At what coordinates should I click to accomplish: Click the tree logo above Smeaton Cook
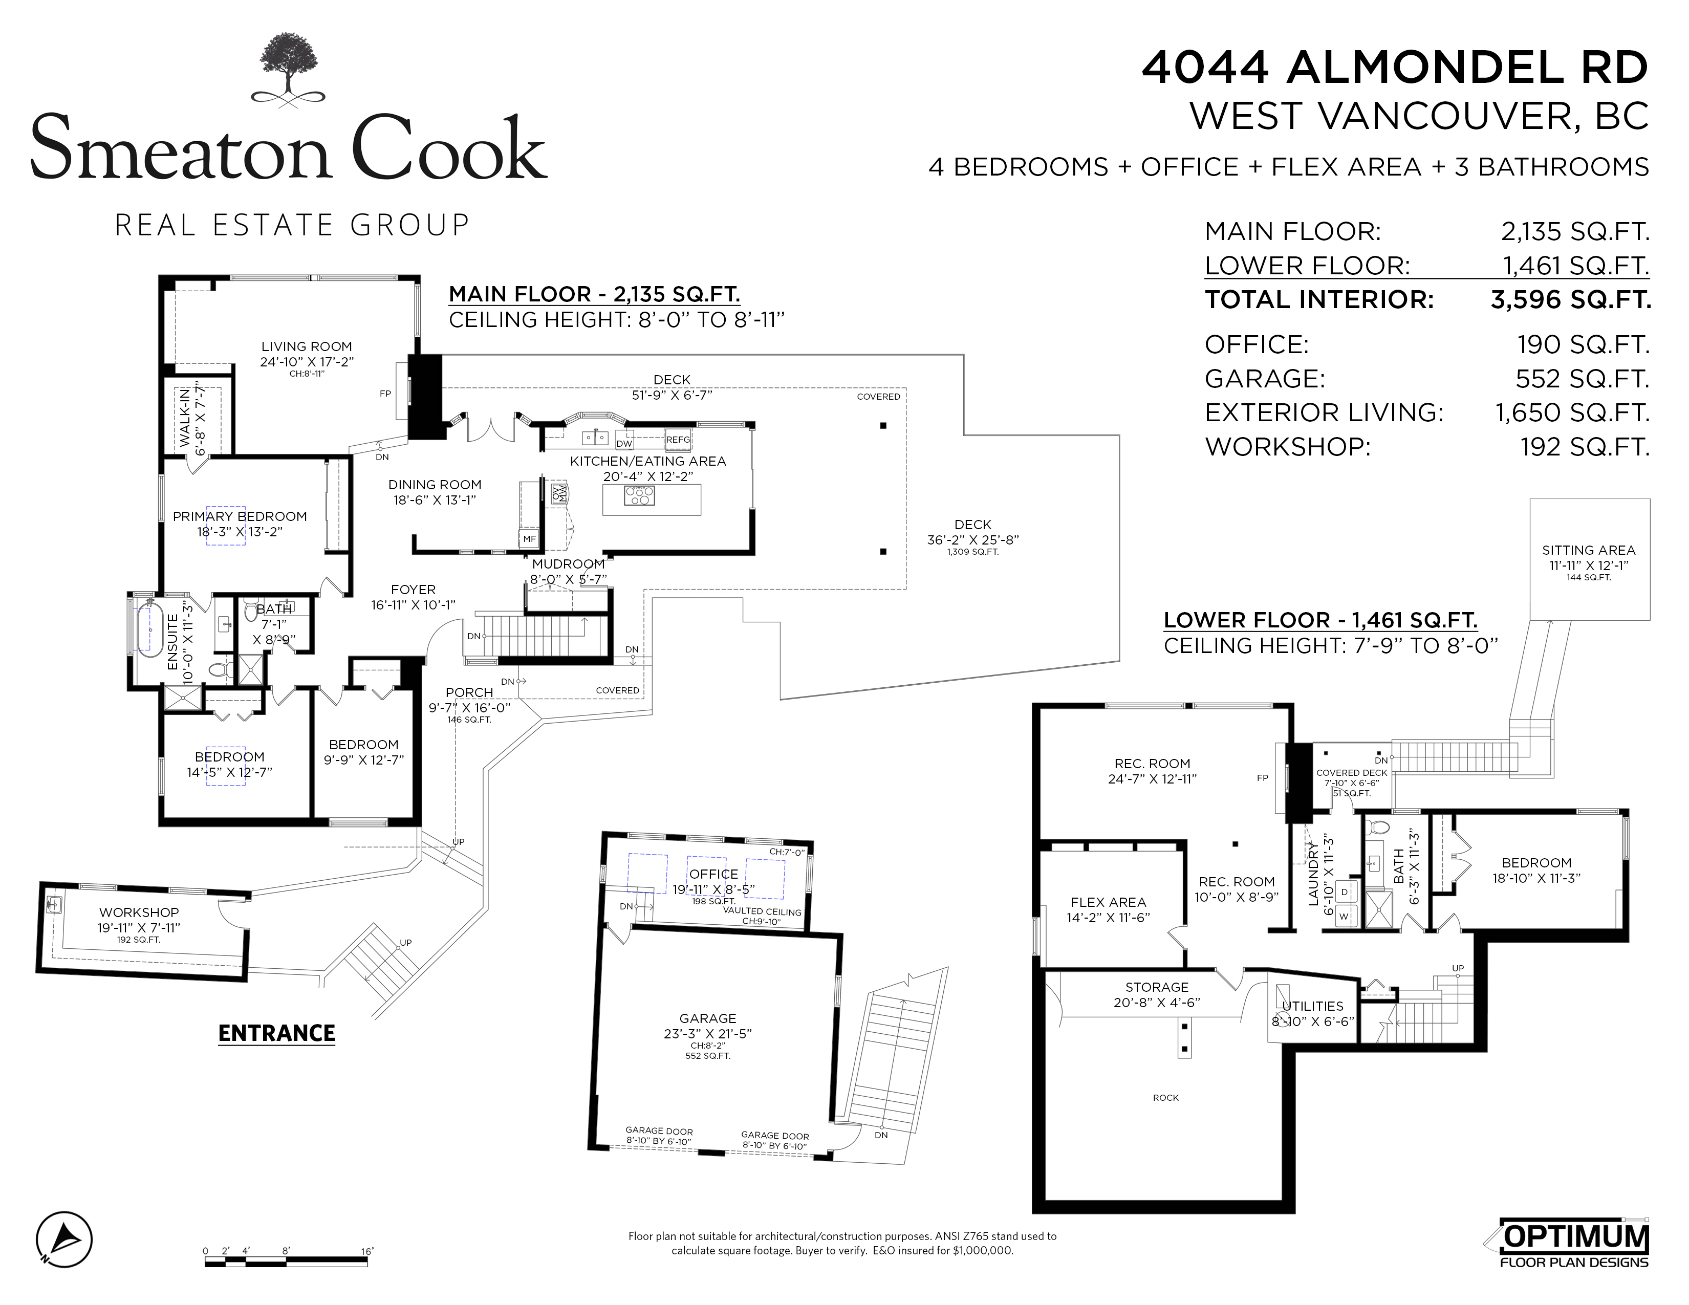pyautogui.click(x=289, y=70)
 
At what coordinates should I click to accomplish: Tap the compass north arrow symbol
pyautogui.click(x=64, y=1239)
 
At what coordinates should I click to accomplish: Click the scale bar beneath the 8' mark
pyautogui.click(x=286, y=1263)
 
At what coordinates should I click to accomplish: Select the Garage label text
pyautogui.click(x=708, y=1018)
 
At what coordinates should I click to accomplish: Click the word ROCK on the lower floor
pyautogui.click(x=1165, y=1098)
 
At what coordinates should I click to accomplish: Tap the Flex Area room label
pyautogui.click(x=1108, y=902)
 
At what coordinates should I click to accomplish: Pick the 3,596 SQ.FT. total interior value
pyautogui.click(x=1571, y=300)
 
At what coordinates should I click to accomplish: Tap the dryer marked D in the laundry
pyautogui.click(x=1344, y=892)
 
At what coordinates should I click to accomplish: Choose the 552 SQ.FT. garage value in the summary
pyautogui.click(x=1582, y=379)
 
